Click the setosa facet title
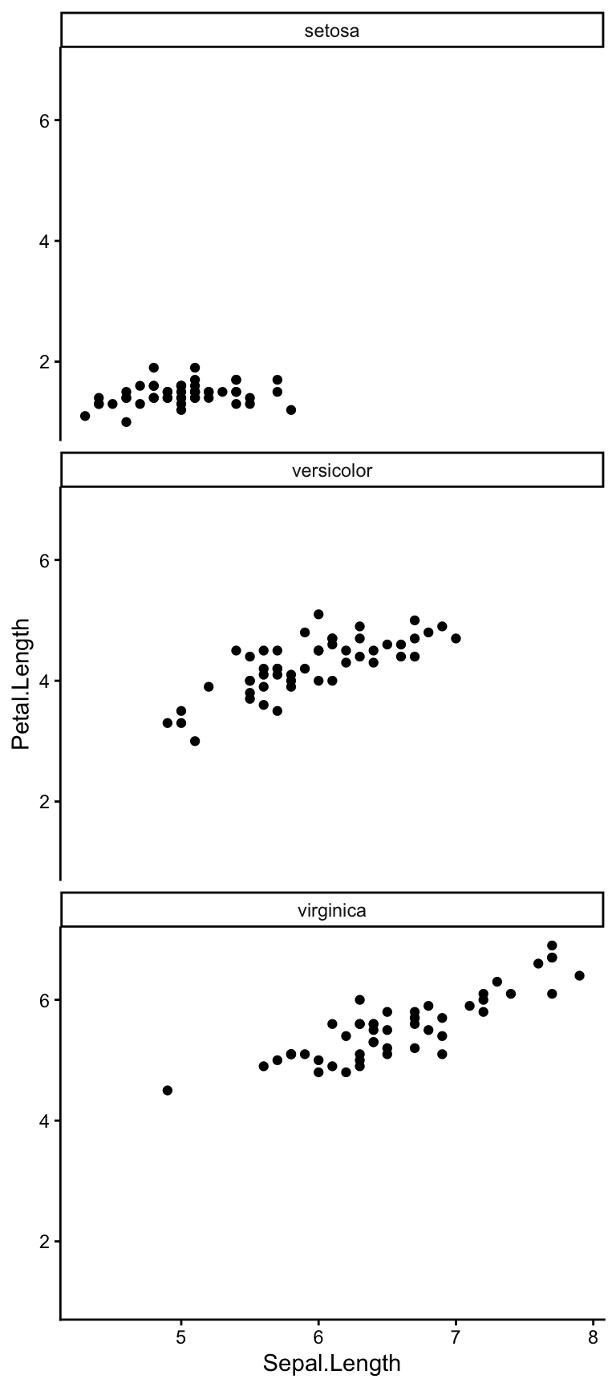tap(332, 31)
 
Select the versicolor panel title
tap(332, 470)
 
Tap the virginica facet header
tap(332, 910)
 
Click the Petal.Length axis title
tap(22, 684)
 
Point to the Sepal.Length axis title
tap(332, 1363)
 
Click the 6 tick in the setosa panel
tap(45, 120)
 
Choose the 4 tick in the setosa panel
tap(45, 241)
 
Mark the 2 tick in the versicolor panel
tap(45, 802)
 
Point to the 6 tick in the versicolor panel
tap(45, 560)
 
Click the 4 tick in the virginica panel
tap(45, 1121)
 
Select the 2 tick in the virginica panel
tap(45, 1242)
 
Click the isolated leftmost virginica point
tap(168, 1090)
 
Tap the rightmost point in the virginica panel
tap(579, 976)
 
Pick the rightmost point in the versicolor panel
tap(456, 638)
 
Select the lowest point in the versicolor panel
tap(195, 741)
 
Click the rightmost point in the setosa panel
tap(291, 410)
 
